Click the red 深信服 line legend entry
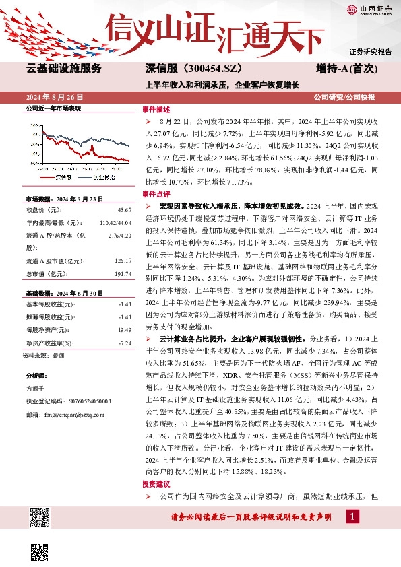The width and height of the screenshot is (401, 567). (x=57, y=176)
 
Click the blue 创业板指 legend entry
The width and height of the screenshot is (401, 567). (x=97, y=176)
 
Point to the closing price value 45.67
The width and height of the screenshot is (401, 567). (x=124, y=211)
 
